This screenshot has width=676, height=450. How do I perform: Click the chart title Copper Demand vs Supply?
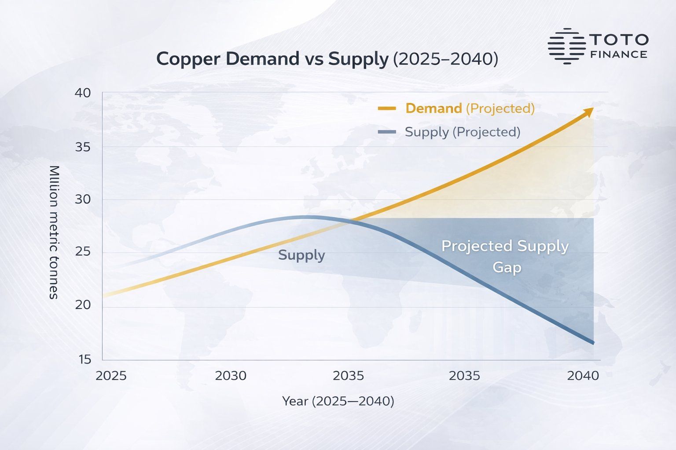pyautogui.click(x=327, y=59)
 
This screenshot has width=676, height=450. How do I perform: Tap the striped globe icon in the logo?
pyautogui.click(x=566, y=46)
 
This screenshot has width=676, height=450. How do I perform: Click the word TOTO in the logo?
pyautogui.click(x=618, y=40)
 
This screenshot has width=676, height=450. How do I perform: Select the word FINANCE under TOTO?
pyautogui.click(x=618, y=54)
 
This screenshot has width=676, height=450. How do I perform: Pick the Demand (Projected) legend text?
pyautogui.click(x=470, y=108)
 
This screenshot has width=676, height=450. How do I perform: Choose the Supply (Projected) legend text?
pyautogui.click(x=462, y=132)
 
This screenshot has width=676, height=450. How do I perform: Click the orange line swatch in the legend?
pyautogui.click(x=387, y=108)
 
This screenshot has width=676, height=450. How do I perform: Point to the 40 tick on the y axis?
pyautogui.click(x=83, y=93)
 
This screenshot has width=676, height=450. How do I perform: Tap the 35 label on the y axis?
pyautogui.click(x=83, y=147)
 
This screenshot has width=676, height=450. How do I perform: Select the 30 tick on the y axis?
pyautogui.click(x=83, y=200)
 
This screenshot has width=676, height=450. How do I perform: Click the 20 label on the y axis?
pyautogui.click(x=83, y=305)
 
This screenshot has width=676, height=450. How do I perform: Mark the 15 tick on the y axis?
pyautogui.click(x=85, y=359)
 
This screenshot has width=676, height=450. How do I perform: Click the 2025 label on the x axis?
pyautogui.click(x=111, y=376)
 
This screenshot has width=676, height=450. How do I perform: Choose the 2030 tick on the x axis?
pyautogui.click(x=231, y=376)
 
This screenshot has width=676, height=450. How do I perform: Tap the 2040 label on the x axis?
pyautogui.click(x=583, y=376)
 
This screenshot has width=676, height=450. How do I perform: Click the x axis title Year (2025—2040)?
pyautogui.click(x=338, y=401)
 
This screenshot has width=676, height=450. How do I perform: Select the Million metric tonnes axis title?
pyautogui.click(x=54, y=232)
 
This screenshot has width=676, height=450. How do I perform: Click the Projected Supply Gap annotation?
pyautogui.click(x=505, y=256)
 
